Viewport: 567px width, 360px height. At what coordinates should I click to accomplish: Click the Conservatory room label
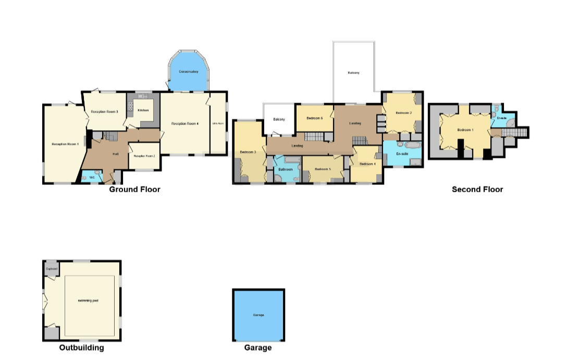(188, 71)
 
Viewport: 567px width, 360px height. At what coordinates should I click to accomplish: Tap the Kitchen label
(143, 110)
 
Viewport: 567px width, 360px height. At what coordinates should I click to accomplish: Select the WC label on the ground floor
(92, 178)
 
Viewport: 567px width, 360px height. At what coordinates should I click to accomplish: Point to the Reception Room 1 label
(65, 144)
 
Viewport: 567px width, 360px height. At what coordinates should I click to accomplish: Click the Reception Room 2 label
(144, 156)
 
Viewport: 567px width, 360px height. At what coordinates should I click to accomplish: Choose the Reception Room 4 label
(185, 123)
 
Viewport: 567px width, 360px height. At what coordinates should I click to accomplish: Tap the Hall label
(116, 154)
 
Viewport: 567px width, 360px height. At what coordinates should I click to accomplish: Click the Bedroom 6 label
(314, 118)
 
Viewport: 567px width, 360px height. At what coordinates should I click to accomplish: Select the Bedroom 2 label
(403, 113)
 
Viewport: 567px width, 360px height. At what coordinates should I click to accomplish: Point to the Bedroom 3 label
(248, 152)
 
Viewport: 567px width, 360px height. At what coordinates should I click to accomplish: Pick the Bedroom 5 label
(323, 169)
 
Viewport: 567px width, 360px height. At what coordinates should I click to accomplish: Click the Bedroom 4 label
(367, 164)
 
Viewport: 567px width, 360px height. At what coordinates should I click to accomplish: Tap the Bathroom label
(285, 169)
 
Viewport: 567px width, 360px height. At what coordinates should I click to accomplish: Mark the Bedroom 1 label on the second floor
(465, 130)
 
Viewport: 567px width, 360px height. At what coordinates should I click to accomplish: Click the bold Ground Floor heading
(134, 190)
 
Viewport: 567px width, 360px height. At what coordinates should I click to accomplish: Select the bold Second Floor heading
(477, 190)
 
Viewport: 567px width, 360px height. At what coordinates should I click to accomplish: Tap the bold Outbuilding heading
(81, 348)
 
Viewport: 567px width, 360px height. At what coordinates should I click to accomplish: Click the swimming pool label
(89, 301)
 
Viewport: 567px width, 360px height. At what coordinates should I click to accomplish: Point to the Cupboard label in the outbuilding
(51, 269)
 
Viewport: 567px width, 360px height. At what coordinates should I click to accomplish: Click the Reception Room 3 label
(104, 111)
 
